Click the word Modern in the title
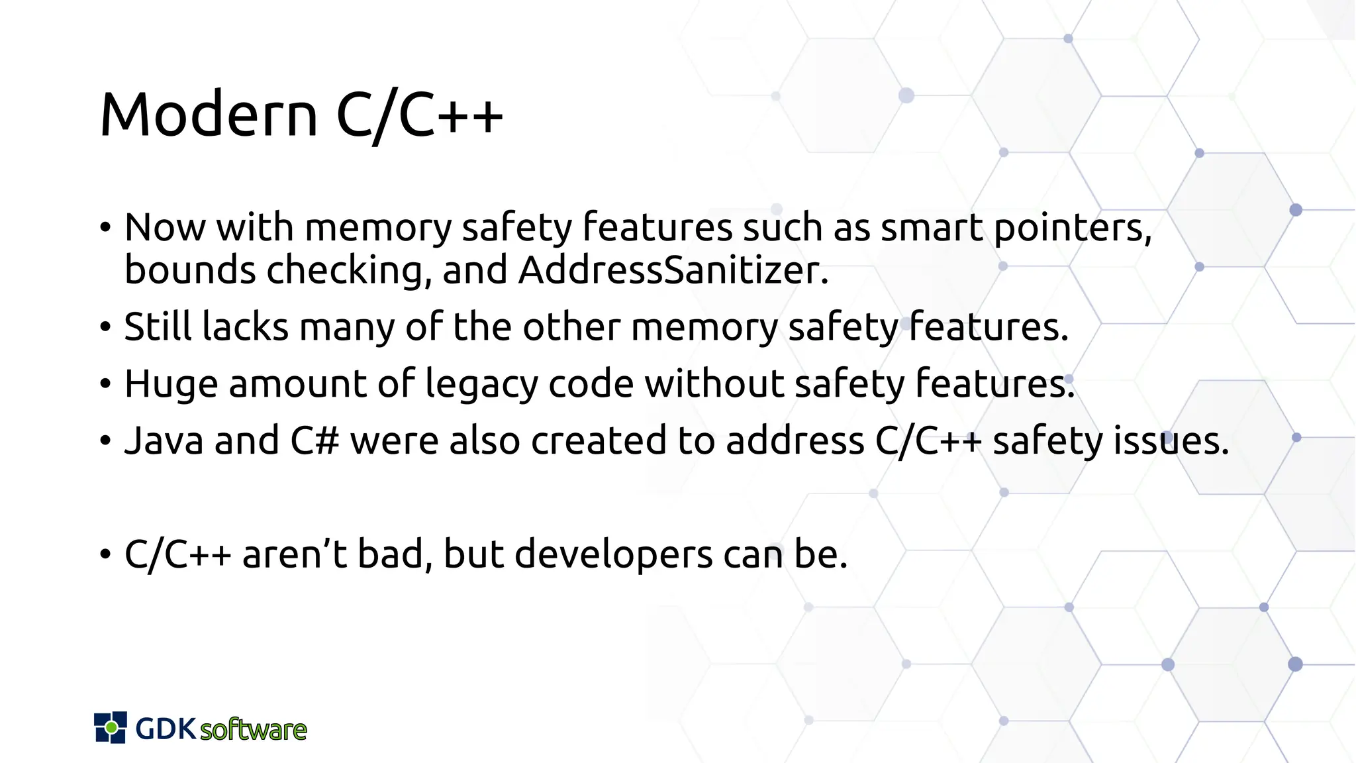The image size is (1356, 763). pyautogui.click(x=209, y=115)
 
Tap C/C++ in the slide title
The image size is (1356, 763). pyautogui.click(x=420, y=115)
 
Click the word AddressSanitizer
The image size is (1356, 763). pyautogui.click(x=673, y=270)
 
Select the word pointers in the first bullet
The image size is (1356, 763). pyautogui.click(x=1072, y=228)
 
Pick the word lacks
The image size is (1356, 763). pyautogui.click(x=246, y=327)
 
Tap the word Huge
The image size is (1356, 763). pyautogui.click(x=171, y=384)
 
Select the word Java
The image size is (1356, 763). pyautogui.click(x=164, y=440)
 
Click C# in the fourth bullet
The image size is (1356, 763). pyautogui.click(x=315, y=440)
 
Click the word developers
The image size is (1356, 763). pyautogui.click(x=613, y=554)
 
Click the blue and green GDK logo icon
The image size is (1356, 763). pyautogui.click(x=111, y=727)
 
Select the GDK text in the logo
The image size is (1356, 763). pyautogui.click(x=166, y=729)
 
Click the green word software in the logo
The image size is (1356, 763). pyautogui.click(x=253, y=730)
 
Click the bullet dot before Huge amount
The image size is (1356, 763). pyautogui.click(x=105, y=384)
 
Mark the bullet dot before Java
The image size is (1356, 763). pyautogui.click(x=105, y=441)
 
